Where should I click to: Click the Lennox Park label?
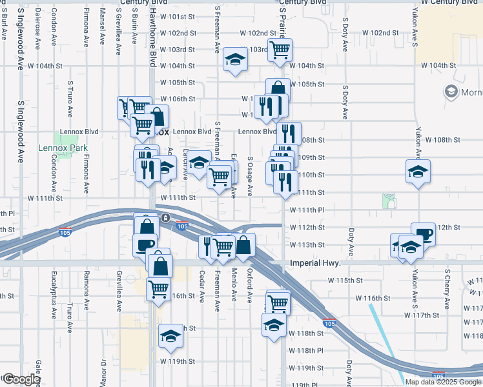[x=62, y=147]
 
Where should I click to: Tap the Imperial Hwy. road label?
[x=314, y=263]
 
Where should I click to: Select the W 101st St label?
[x=178, y=16]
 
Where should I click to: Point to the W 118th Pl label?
[x=306, y=350]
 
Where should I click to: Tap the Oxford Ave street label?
[x=249, y=288]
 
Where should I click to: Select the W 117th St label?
[x=422, y=315]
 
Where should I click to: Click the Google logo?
[x=21, y=379]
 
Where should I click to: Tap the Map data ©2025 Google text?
[x=444, y=382]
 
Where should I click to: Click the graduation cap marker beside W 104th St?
[x=234, y=61]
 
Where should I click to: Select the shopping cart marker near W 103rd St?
[x=280, y=49]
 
